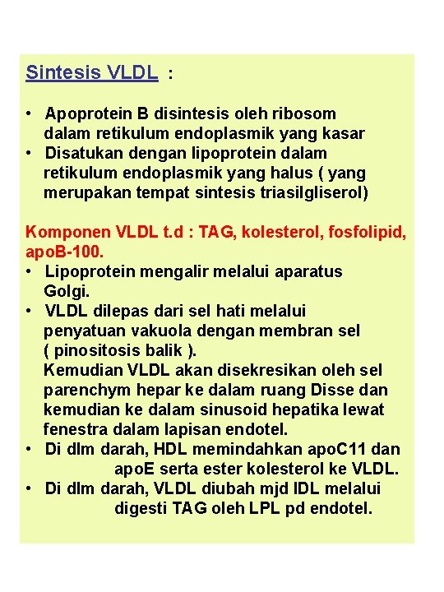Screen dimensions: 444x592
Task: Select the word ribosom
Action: tap(304, 113)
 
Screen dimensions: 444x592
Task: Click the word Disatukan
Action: tap(82, 153)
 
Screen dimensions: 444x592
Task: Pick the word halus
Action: tap(280, 173)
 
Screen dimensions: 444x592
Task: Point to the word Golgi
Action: tap(66, 291)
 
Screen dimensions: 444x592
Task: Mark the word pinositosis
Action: tap(103, 350)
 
